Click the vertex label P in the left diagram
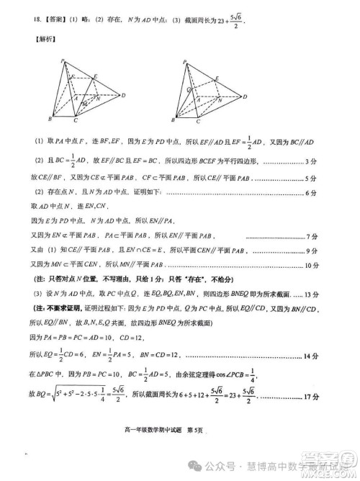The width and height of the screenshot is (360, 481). coord(63,61)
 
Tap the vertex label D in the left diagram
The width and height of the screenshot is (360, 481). coord(124,94)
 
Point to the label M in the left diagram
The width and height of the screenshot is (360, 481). coord(84,105)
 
